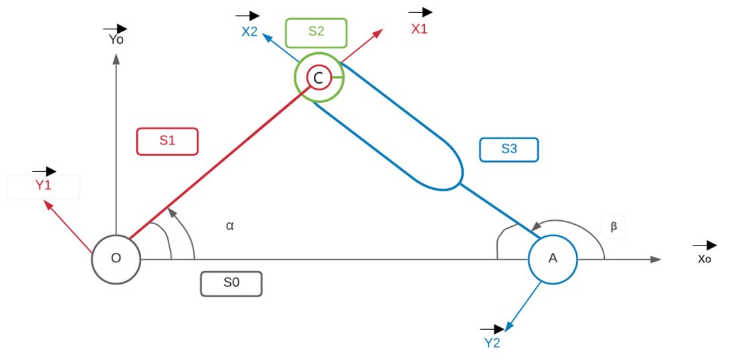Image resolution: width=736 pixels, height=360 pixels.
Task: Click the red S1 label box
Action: (x=167, y=141)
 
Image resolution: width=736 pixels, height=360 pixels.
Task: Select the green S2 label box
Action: (x=316, y=32)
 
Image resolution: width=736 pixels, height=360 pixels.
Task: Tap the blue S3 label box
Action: (x=509, y=149)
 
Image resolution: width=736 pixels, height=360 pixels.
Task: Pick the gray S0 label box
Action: (x=231, y=284)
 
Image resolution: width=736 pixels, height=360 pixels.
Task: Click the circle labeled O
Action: (x=116, y=259)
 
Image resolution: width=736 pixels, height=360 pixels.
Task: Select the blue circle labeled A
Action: (x=553, y=259)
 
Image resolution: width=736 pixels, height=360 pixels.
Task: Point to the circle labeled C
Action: (x=318, y=78)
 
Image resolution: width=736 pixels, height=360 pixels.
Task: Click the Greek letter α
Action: (x=229, y=226)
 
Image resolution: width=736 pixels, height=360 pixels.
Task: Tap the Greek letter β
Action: (x=614, y=227)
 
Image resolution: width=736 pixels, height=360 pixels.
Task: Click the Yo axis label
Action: (x=116, y=39)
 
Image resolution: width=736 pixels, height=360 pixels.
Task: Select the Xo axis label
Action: (x=704, y=259)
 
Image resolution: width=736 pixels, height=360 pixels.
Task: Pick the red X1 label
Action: (x=419, y=29)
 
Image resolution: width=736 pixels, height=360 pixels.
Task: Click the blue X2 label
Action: (x=250, y=31)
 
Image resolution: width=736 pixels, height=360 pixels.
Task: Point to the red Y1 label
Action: (x=43, y=185)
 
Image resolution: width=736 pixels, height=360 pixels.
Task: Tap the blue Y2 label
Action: (x=492, y=343)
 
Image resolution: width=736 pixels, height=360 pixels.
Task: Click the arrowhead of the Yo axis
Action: (x=116, y=58)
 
